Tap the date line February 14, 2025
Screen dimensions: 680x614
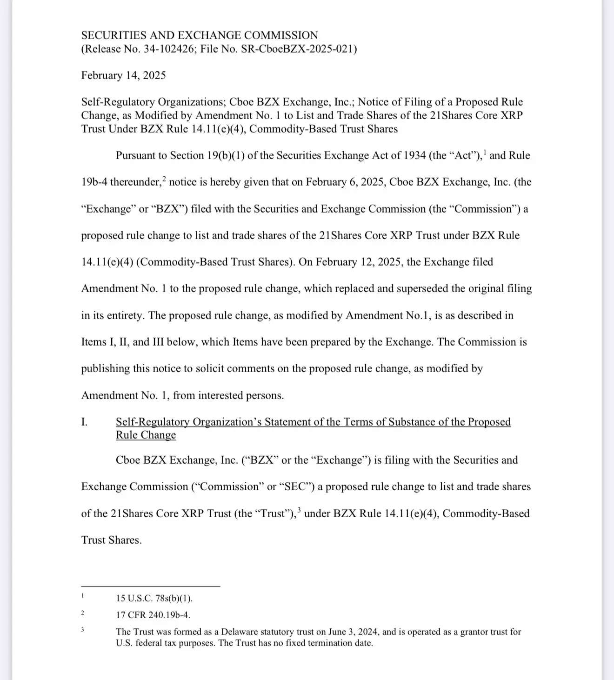(x=123, y=75)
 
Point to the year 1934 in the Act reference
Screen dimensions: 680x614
(x=413, y=155)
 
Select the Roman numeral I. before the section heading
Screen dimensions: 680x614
(x=84, y=422)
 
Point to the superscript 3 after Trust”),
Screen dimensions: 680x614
(x=299, y=511)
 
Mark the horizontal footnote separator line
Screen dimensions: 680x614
(x=150, y=587)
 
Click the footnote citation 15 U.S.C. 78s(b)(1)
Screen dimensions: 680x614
(x=154, y=598)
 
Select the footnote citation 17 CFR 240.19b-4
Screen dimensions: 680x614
(x=153, y=615)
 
